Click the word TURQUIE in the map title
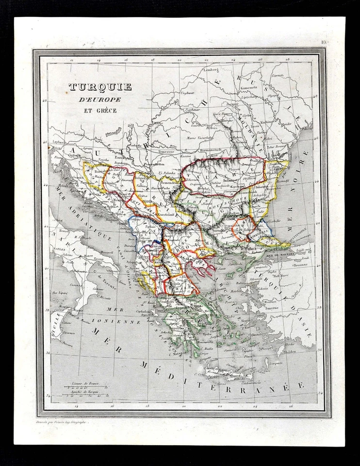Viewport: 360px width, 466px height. point(100,87)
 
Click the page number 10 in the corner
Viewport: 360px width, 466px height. point(323,43)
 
